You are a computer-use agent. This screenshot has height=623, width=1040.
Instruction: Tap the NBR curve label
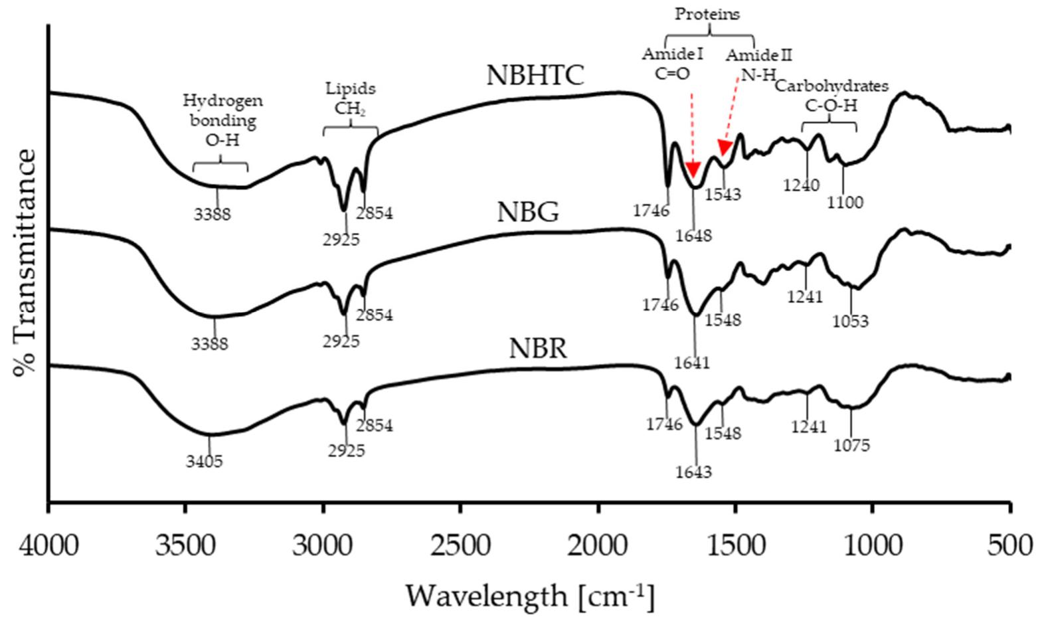click(538, 349)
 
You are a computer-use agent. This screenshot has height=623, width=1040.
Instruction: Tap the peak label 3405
click(204, 460)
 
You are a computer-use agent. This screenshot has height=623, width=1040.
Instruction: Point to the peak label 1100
click(845, 203)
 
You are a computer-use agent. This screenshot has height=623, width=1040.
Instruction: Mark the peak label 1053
click(850, 321)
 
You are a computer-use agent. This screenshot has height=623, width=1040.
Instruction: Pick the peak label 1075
click(851, 445)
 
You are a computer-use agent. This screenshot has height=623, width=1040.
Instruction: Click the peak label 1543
click(723, 195)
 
